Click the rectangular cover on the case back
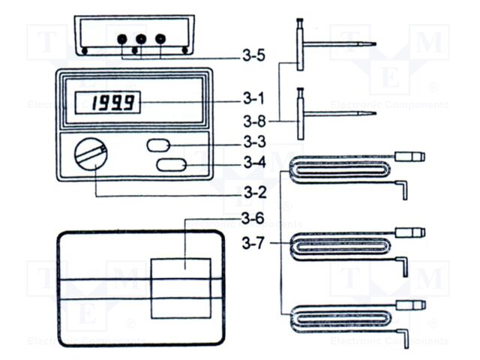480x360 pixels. click(181, 287)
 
